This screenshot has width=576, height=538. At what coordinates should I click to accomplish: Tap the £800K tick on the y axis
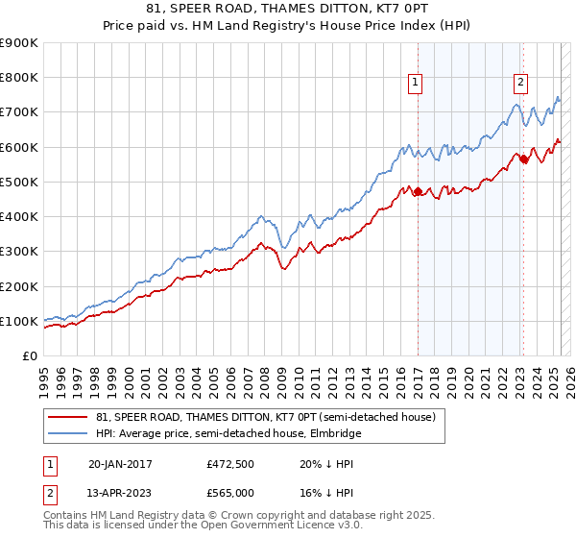pyautogui.click(x=18, y=78)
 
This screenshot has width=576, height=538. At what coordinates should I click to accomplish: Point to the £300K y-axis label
pyautogui.click(x=18, y=252)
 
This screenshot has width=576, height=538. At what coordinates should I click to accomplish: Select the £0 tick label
pyautogui.click(x=30, y=355)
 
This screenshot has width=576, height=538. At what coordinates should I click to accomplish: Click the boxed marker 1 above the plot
pyautogui.click(x=417, y=84)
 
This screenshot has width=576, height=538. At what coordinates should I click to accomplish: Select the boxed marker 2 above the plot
pyautogui.click(x=520, y=84)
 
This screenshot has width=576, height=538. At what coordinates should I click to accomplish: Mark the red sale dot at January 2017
pyautogui.click(x=418, y=192)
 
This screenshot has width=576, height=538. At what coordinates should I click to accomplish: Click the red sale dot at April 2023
pyautogui.click(x=524, y=159)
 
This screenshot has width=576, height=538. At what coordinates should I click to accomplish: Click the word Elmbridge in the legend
pyautogui.click(x=335, y=433)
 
